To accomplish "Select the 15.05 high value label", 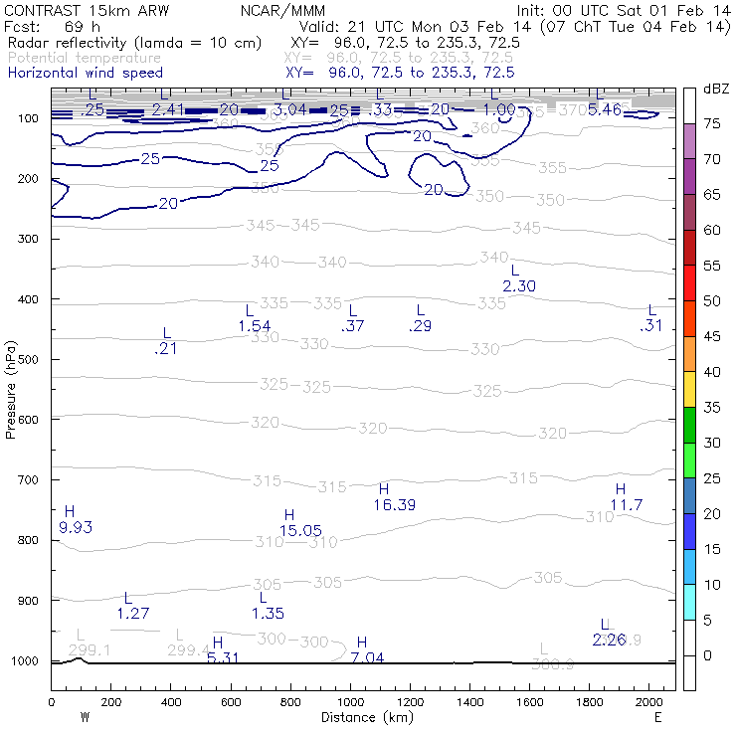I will pos(300,531).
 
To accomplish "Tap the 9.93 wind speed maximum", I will pos(76,527).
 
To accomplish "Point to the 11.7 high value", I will pos(627,505).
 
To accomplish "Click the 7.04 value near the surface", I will pos(368,658).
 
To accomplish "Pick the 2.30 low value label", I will pos(519,286).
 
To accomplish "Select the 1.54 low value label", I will pos(255,326).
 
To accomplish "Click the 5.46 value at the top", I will pos(605,109).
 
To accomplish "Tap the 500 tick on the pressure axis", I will pos(31,359).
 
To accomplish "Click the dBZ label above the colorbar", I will pos(714,89).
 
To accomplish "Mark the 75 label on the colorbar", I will pos(713,124).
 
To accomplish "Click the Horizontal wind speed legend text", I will pos(85,73).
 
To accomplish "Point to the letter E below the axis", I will pos(657,717).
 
